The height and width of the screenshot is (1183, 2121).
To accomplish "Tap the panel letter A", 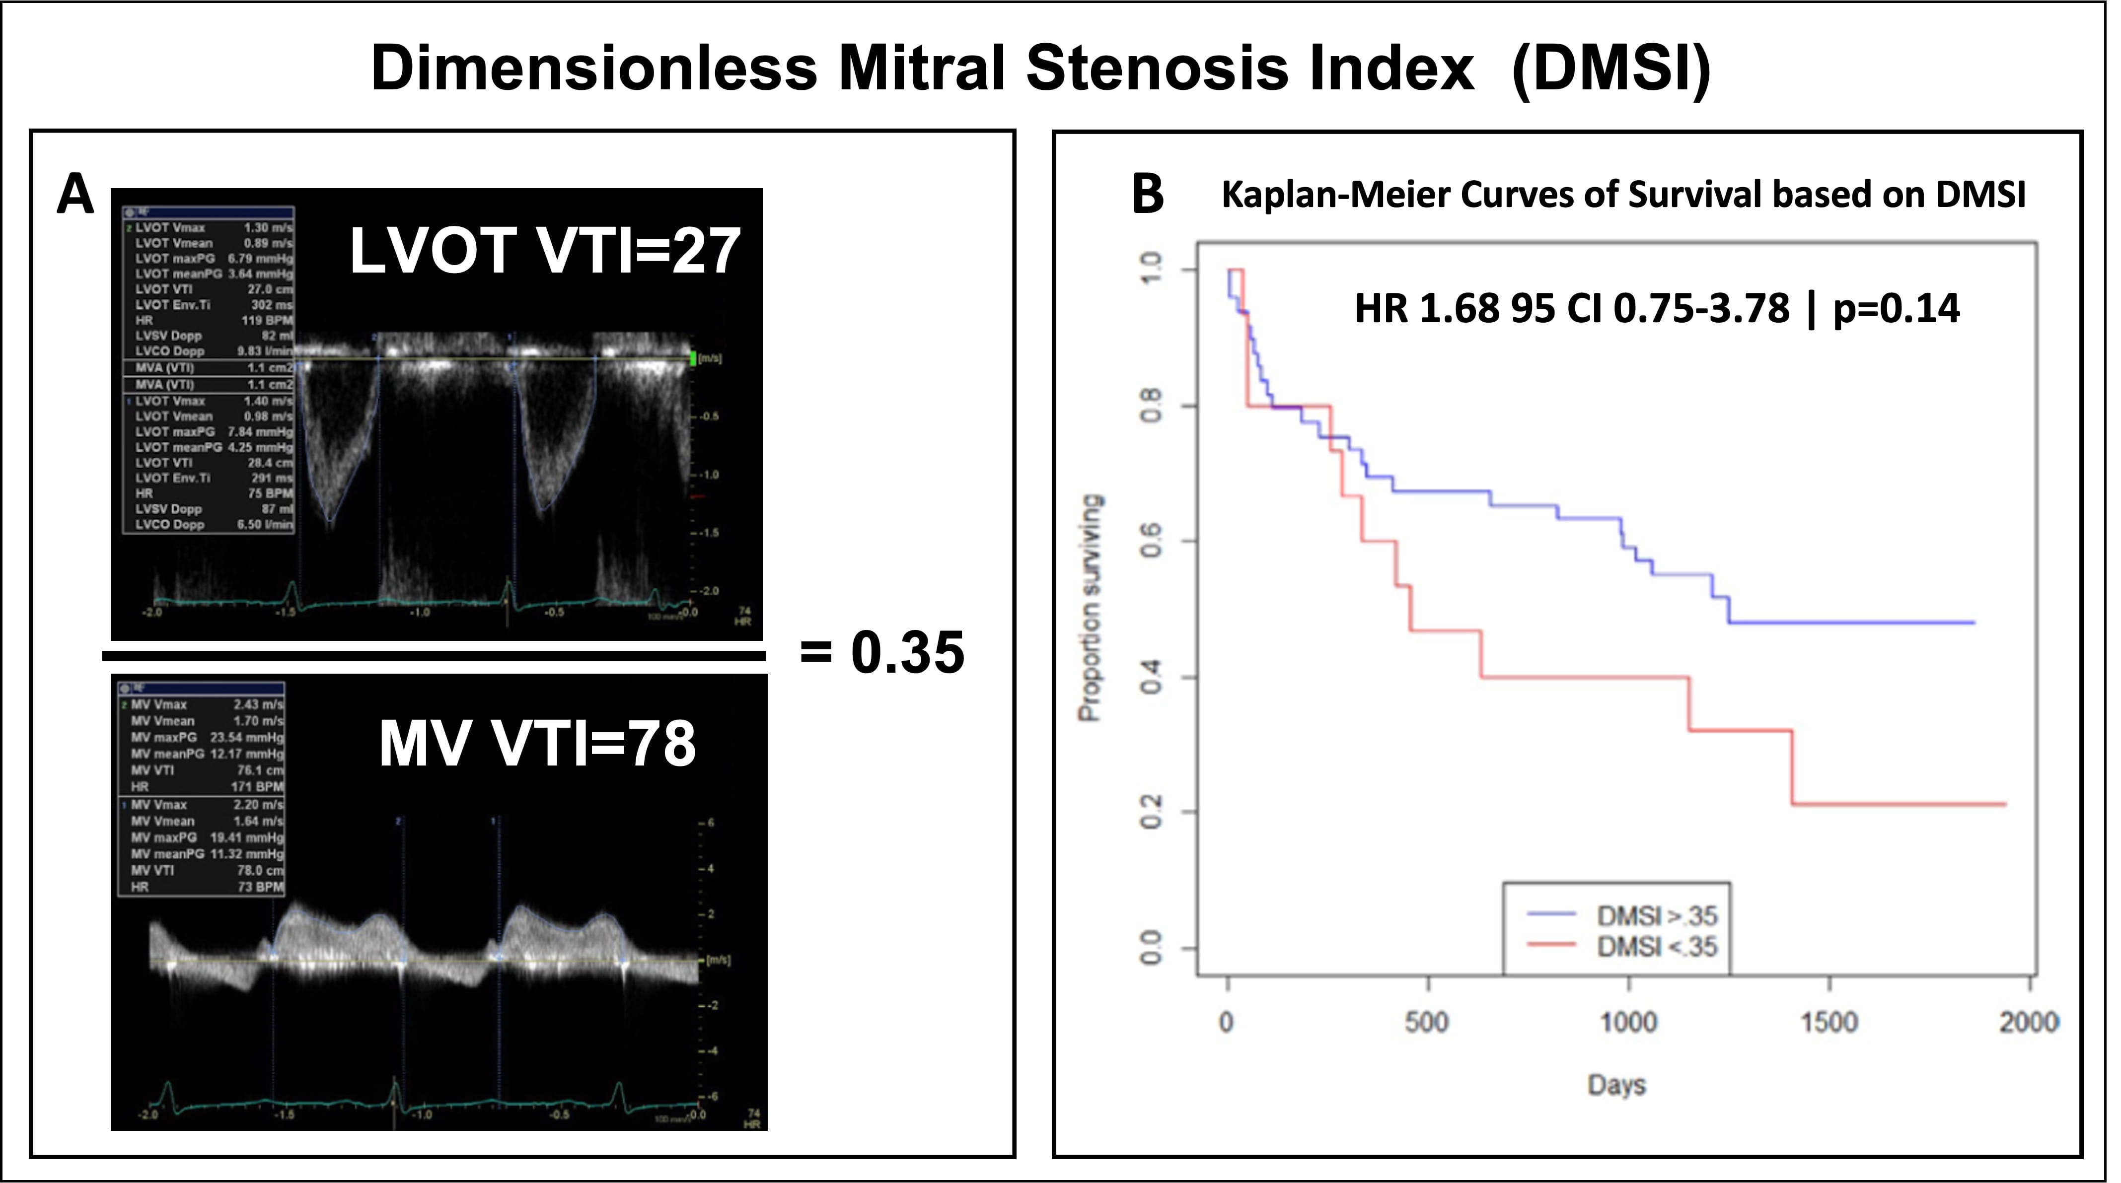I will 75,197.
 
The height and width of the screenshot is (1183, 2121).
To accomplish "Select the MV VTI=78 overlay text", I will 537,743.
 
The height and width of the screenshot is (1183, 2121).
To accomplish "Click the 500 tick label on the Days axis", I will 1427,1023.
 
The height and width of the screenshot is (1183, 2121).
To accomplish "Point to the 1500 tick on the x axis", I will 1828,1023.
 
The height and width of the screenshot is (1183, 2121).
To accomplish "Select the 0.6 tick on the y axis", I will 1150,543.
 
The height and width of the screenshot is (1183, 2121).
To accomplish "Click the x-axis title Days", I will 1616,1085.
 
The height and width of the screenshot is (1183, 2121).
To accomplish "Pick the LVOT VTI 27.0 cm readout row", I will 213,289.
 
